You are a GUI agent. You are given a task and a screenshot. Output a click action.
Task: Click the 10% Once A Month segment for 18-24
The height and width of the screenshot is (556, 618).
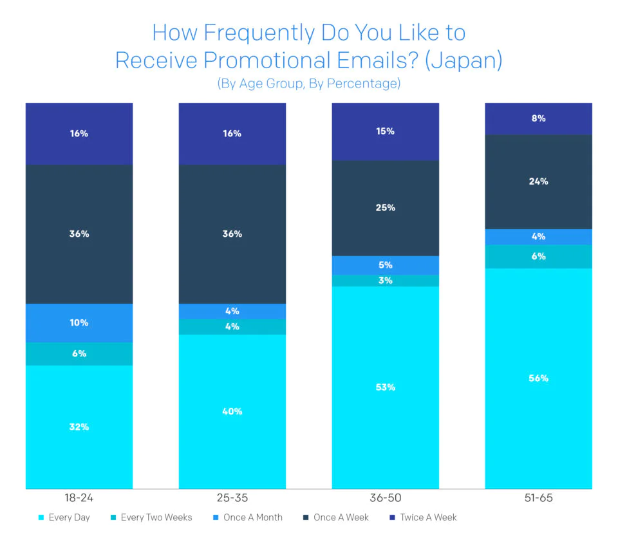pyautogui.click(x=79, y=322)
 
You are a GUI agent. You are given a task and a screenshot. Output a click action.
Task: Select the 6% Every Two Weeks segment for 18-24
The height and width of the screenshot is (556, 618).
pyautogui.click(x=79, y=353)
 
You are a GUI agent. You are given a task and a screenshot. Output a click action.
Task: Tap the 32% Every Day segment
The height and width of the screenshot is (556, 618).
pyautogui.click(x=79, y=427)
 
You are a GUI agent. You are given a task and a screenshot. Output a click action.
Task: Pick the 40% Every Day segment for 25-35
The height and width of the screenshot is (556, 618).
pyautogui.click(x=232, y=411)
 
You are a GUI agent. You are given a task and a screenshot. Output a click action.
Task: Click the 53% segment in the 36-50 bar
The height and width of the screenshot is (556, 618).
pyautogui.click(x=386, y=387)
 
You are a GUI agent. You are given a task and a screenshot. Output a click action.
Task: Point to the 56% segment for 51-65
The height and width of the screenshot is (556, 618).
pyautogui.click(x=539, y=378)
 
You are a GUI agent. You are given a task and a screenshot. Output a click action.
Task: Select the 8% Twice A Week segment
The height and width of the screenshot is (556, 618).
pyautogui.click(x=539, y=118)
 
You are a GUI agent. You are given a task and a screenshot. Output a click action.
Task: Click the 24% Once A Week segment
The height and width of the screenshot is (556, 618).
pyautogui.click(x=539, y=181)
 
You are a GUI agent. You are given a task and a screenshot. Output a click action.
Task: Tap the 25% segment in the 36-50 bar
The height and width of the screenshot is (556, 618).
pyautogui.click(x=386, y=208)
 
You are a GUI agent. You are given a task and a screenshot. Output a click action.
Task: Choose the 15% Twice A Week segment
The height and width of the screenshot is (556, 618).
pyautogui.click(x=386, y=131)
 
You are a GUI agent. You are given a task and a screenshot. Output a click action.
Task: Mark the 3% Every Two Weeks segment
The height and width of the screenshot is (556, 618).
pyautogui.click(x=386, y=281)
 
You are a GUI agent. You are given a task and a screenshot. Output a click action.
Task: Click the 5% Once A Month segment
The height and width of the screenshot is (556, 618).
pyautogui.click(x=386, y=265)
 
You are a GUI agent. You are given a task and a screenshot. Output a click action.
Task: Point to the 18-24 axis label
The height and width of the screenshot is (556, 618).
pyautogui.click(x=79, y=498)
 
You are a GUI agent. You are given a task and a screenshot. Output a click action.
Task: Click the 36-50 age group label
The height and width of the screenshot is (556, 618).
pyautogui.click(x=386, y=498)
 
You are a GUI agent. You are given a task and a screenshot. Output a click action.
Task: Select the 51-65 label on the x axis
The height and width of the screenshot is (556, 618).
pyautogui.click(x=539, y=498)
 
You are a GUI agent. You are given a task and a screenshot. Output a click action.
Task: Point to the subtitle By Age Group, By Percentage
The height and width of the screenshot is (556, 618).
pyautogui.click(x=309, y=84)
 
